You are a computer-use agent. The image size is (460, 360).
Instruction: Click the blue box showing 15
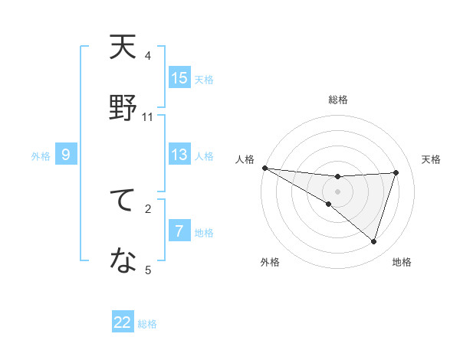click(179, 78)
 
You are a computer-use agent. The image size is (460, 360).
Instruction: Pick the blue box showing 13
click(179, 155)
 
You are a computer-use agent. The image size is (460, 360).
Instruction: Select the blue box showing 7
click(179, 231)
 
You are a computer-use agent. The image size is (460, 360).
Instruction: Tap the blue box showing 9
click(66, 155)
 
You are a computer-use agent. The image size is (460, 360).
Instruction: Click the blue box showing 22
click(123, 322)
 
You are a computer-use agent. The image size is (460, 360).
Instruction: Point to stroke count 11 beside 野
click(148, 117)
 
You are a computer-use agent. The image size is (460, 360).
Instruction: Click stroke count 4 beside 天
click(148, 56)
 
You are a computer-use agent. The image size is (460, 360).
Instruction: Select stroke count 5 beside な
click(148, 270)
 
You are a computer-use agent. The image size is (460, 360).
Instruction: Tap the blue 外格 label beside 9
click(41, 156)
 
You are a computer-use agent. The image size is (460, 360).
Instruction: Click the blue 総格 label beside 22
click(147, 324)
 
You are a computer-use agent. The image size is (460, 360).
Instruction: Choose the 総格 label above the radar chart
click(337, 100)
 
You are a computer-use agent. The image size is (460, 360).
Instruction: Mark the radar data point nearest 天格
click(396, 172)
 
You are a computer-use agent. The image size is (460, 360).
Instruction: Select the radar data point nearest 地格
click(373, 241)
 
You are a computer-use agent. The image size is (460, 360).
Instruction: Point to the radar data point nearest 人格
click(264, 168)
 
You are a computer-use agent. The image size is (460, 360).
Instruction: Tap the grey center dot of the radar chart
click(337, 191)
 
